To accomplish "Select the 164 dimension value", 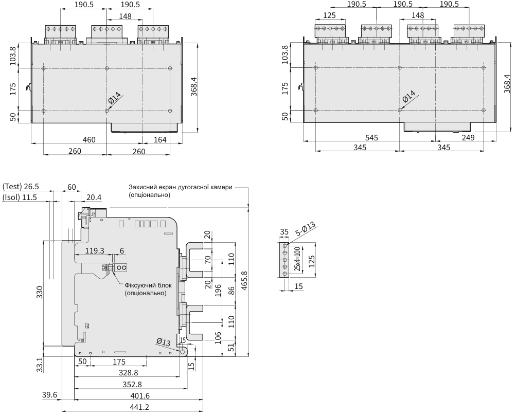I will pos(160,139).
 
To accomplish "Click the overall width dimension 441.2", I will pos(133,407).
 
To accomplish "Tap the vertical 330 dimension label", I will pos(40,293).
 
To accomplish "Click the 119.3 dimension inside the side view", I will pos(95,251).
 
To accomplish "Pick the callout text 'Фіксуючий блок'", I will pos(146,284).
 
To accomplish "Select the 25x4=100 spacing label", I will pos(297,260).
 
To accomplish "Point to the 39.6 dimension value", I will pos(49,395).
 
